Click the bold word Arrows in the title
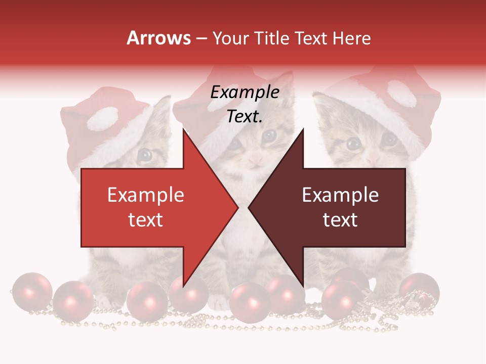[x=159, y=38]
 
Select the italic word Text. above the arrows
[x=245, y=117]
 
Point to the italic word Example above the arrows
[x=245, y=93]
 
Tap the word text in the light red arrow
[x=145, y=219]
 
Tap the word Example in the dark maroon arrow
[x=340, y=195]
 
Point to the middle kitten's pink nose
[x=256, y=161]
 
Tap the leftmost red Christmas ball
[x=31, y=292]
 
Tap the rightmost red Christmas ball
[x=419, y=290]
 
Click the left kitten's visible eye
[x=145, y=154]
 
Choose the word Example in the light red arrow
[x=145, y=195]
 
